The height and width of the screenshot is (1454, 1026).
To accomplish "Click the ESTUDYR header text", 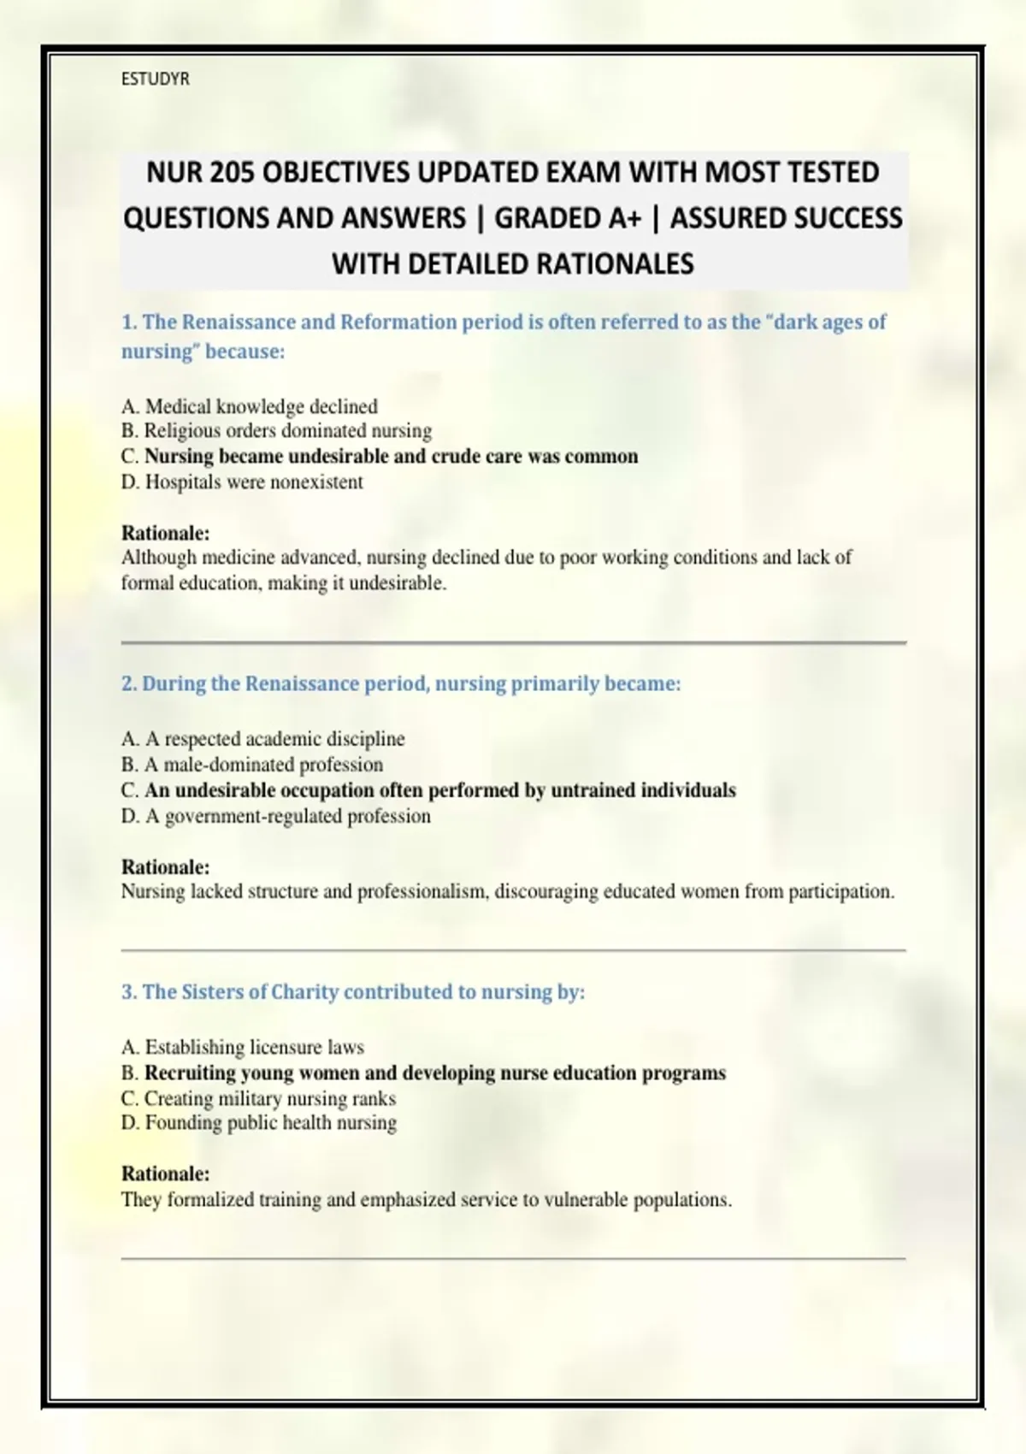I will click(x=155, y=80).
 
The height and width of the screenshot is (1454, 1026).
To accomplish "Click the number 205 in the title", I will click(x=233, y=173).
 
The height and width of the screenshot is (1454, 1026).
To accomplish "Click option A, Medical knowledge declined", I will click(x=250, y=406).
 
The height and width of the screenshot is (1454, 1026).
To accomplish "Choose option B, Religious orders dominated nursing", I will click(x=276, y=431).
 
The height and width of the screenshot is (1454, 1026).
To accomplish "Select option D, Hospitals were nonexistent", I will click(x=242, y=482).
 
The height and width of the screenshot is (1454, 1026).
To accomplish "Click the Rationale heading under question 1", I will click(x=165, y=533).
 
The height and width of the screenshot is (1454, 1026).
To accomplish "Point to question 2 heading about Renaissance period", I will click(x=401, y=684).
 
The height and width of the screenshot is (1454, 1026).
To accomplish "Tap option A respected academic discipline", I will click(x=263, y=739).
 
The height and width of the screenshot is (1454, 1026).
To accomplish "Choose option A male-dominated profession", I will click(x=252, y=765).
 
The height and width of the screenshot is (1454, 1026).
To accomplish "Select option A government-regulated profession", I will click(x=276, y=816).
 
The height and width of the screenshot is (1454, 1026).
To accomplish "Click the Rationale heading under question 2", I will click(x=165, y=866).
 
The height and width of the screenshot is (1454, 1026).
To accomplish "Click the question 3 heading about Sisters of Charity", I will click(x=353, y=992).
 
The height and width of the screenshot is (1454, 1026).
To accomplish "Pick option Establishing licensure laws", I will click(x=243, y=1047).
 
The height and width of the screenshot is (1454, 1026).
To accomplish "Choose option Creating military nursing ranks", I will click(x=258, y=1098).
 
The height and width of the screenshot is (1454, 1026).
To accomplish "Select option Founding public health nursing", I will click(x=259, y=1123).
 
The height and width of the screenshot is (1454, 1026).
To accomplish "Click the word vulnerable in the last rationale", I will click(x=586, y=1200).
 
